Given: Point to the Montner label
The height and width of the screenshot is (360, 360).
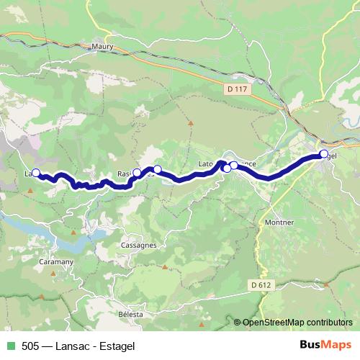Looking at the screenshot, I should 279,222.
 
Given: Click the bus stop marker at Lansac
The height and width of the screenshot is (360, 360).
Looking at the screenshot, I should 35,173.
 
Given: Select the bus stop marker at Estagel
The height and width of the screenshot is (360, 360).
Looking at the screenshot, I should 324,153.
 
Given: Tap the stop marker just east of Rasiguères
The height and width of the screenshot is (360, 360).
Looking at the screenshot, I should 158,169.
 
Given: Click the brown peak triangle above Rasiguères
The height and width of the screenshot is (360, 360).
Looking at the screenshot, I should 191,123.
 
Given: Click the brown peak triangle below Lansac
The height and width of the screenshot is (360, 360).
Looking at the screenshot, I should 30,191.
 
